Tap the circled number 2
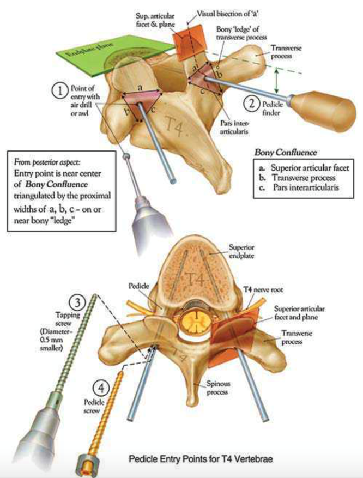[x=252, y=100]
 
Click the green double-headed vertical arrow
[x=277, y=81]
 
